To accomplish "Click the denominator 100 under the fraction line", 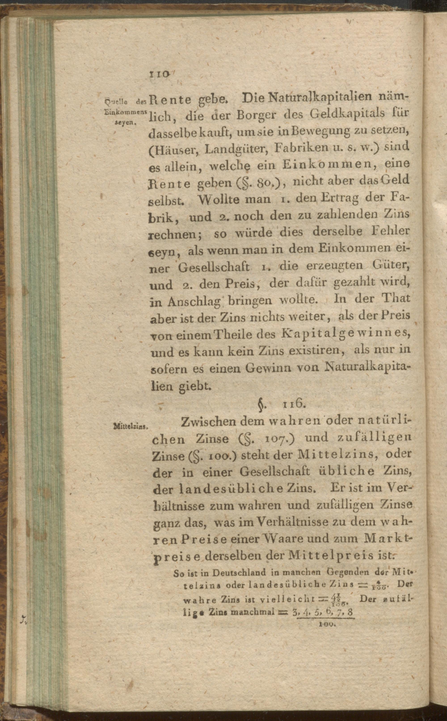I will (326, 623).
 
